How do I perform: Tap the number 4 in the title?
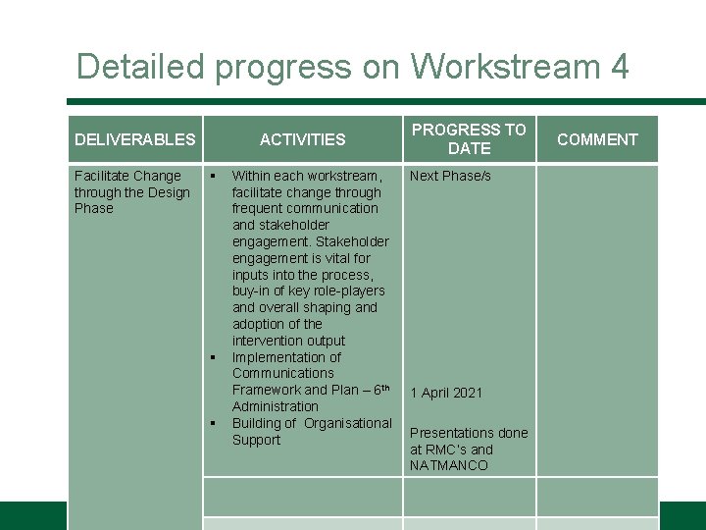[x=619, y=67]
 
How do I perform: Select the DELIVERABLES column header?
[x=135, y=139]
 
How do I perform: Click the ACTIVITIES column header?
[x=302, y=139]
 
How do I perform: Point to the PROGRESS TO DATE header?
[x=469, y=138]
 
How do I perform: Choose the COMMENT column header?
[x=597, y=139]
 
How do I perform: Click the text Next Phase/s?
[x=450, y=176]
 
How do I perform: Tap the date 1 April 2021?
[x=446, y=393]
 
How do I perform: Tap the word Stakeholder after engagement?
[x=352, y=241]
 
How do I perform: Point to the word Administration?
[x=276, y=406]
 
